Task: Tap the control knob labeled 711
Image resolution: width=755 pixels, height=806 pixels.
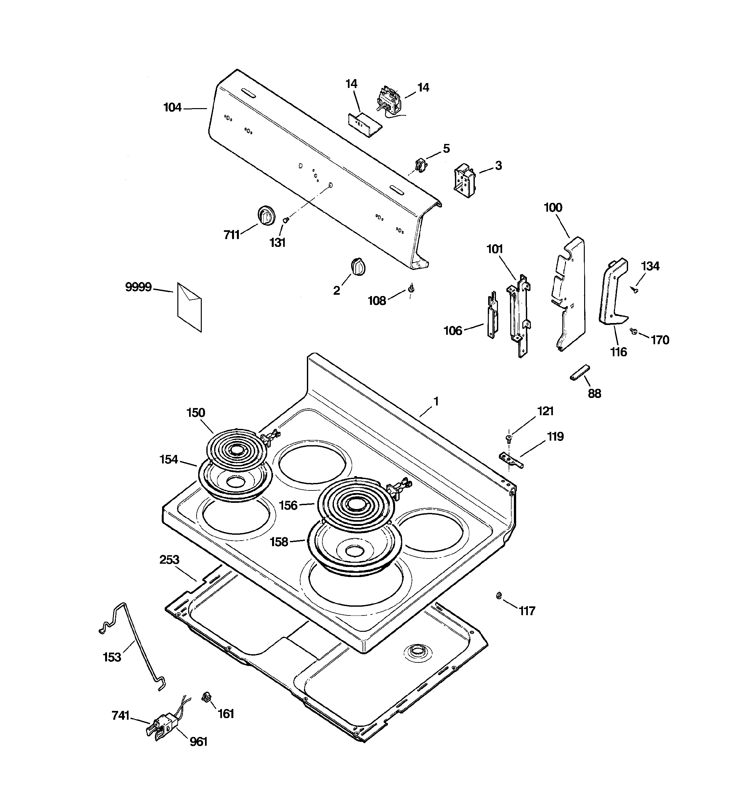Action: point(266,215)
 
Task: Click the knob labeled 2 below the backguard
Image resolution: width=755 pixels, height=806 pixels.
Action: point(358,266)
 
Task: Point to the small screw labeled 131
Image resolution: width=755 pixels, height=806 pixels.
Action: point(286,220)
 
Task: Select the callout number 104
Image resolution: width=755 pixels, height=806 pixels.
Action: point(172,108)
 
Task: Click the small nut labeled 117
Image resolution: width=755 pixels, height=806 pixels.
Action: point(499,595)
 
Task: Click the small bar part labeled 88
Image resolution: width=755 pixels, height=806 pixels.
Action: point(580,373)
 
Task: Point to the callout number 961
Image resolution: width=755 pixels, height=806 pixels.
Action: point(199,742)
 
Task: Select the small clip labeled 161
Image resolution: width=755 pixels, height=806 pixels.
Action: point(207,697)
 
